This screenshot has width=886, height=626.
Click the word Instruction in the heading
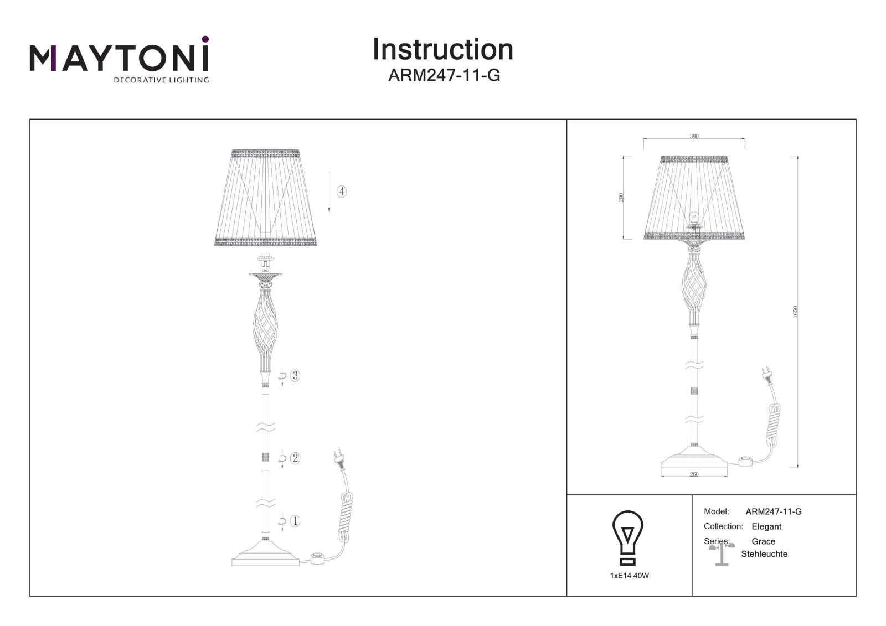click(x=443, y=49)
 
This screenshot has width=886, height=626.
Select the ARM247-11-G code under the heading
click(x=444, y=75)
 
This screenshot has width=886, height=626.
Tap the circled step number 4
click(x=341, y=192)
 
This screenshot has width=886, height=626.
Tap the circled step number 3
click(x=295, y=375)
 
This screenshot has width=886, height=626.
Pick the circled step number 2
click(x=295, y=458)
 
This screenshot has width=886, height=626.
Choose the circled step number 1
click(x=295, y=521)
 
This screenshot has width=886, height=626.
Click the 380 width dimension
click(x=694, y=136)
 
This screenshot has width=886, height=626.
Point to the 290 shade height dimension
click(x=621, y=198)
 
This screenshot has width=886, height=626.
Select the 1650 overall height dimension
click(x=795, y=312)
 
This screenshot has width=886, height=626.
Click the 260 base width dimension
click(x=694, y=474)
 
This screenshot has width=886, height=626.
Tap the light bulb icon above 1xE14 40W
click(x=628, y=537)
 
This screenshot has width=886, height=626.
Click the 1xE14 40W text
click(x=629, y=576)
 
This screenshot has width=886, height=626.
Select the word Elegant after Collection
click(x=766, y=526)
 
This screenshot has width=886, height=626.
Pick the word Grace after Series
click(x=764, y=541)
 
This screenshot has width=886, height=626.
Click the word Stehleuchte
click(x=764, y=554)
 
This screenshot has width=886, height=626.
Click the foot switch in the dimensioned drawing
click(x=746, y=462)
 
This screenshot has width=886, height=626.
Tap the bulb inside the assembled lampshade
click(x=694, y=218)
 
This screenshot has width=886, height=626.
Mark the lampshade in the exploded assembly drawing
click(x=265, y=198)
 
